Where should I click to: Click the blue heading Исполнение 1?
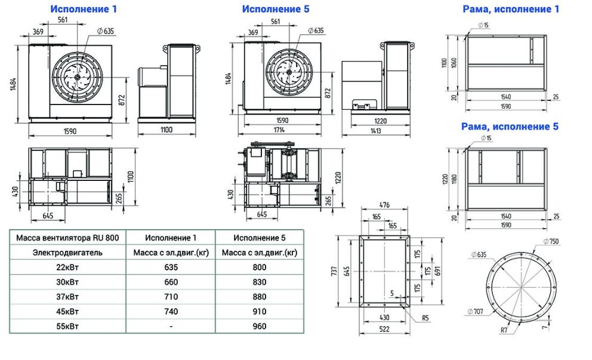tap(84, 9)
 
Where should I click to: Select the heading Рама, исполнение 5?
tap(510, 127)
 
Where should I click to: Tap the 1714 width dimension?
tap(279, 130)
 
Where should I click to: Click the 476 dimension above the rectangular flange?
tap(384, 205)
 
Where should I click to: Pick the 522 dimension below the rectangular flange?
tap(384, 328)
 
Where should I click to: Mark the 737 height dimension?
tap(334, 271)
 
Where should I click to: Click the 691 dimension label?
tap(437, 271)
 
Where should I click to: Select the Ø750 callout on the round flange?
tap(551, 241)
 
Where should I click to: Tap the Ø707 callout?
tap(476, 312)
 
